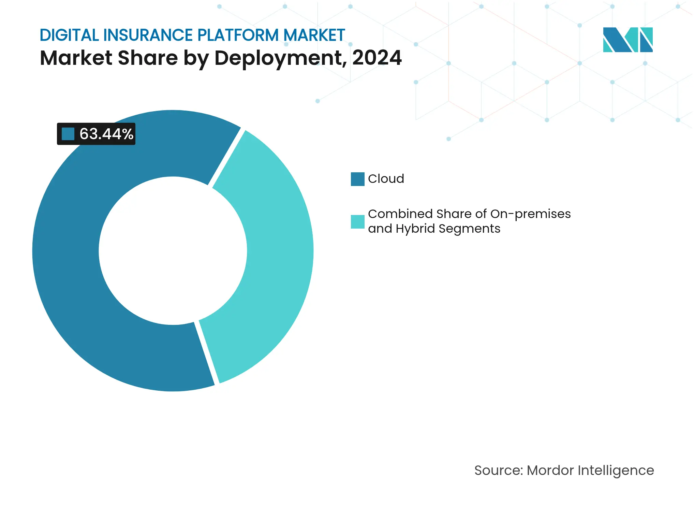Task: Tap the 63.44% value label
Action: pyautogui.click(x=106, y=134)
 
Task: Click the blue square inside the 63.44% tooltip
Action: pyautogui.click(x=68, y=134)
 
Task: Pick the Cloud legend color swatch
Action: pyautogui.click(x=357, y=179)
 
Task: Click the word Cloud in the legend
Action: pyautogui.click(x=386, y=179)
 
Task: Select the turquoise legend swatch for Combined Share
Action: pyautogui.click(x=357, y=222)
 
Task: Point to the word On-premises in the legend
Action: pyautogui.click(x=530, y=214)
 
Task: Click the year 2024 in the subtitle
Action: pyautogui.click(x=377, y=58)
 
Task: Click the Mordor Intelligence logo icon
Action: pyautogui.click(x=627, y=40)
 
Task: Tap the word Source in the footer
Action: pyautogui.click(x=498, y=471)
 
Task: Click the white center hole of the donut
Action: pyautogui.click(x=173, y=251)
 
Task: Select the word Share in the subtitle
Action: pyautogui.click(x=147, y=58)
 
